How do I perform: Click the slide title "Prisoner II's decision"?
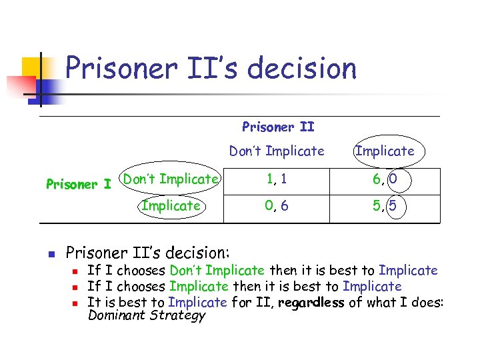pos(211,68)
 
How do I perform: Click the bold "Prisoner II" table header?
pos(278,127)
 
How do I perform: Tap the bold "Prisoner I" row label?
pos(78,184)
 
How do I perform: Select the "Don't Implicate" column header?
pos(277,151)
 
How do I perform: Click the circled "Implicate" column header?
pos(385,151)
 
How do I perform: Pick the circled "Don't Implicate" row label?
pos(171,179)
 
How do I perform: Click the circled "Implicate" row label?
pos(171,206)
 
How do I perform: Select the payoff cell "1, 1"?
pos(277,179)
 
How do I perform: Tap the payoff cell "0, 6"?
pos(277,206)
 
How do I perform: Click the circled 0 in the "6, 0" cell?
pos(393,179)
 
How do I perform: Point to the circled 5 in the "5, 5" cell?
pos(393,206)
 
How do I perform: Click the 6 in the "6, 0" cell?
pos(378,179)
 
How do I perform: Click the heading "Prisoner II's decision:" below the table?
pos(147,253)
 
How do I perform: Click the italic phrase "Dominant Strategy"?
pos(147,315)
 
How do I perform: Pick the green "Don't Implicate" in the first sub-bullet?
pos(217,271)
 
